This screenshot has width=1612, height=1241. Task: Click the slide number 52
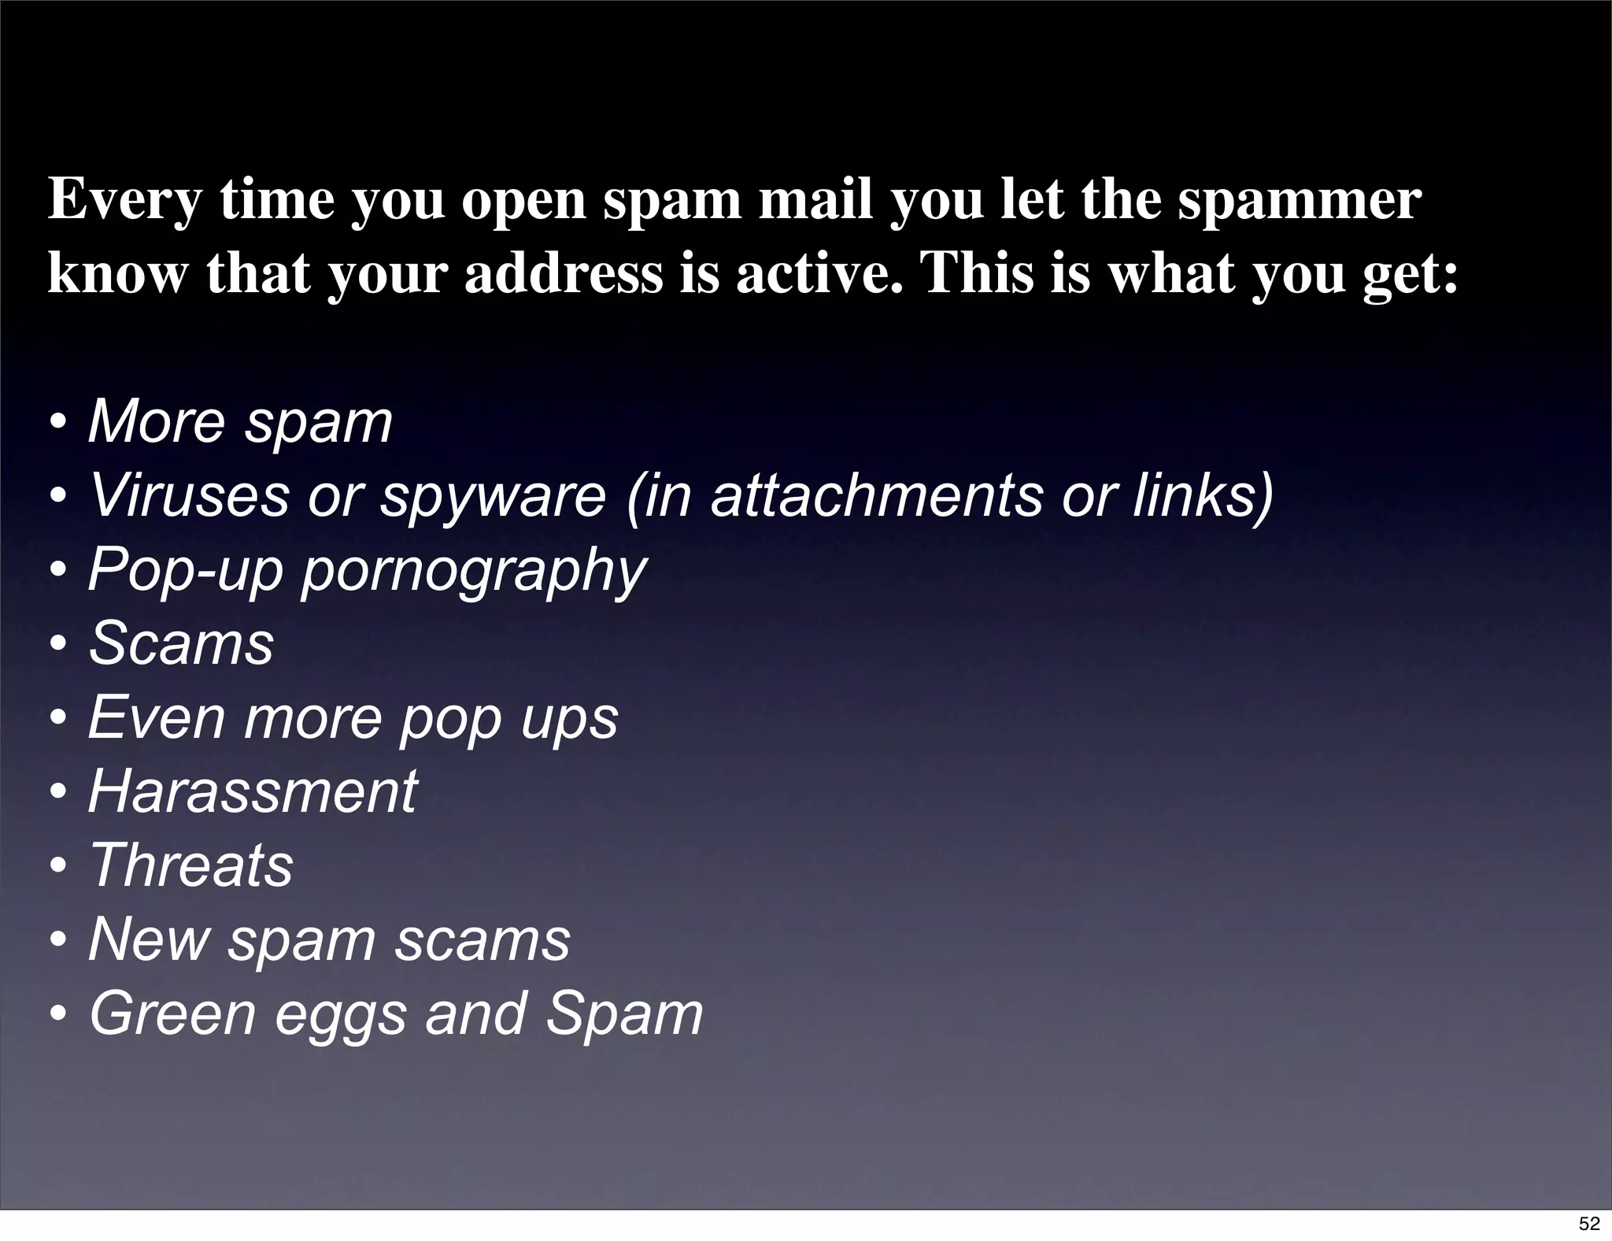click(x=1589, y=1223)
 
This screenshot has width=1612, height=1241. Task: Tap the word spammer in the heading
click(x=1300, y=202)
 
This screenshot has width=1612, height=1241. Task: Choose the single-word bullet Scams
click(x=182, y=643)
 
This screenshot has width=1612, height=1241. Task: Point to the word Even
click(x=157, y=717)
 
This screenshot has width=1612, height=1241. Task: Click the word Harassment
click(x=253, y=791)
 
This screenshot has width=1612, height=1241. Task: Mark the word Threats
click(x=191, y=865)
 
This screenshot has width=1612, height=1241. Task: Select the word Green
click(x=172, y=1014)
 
